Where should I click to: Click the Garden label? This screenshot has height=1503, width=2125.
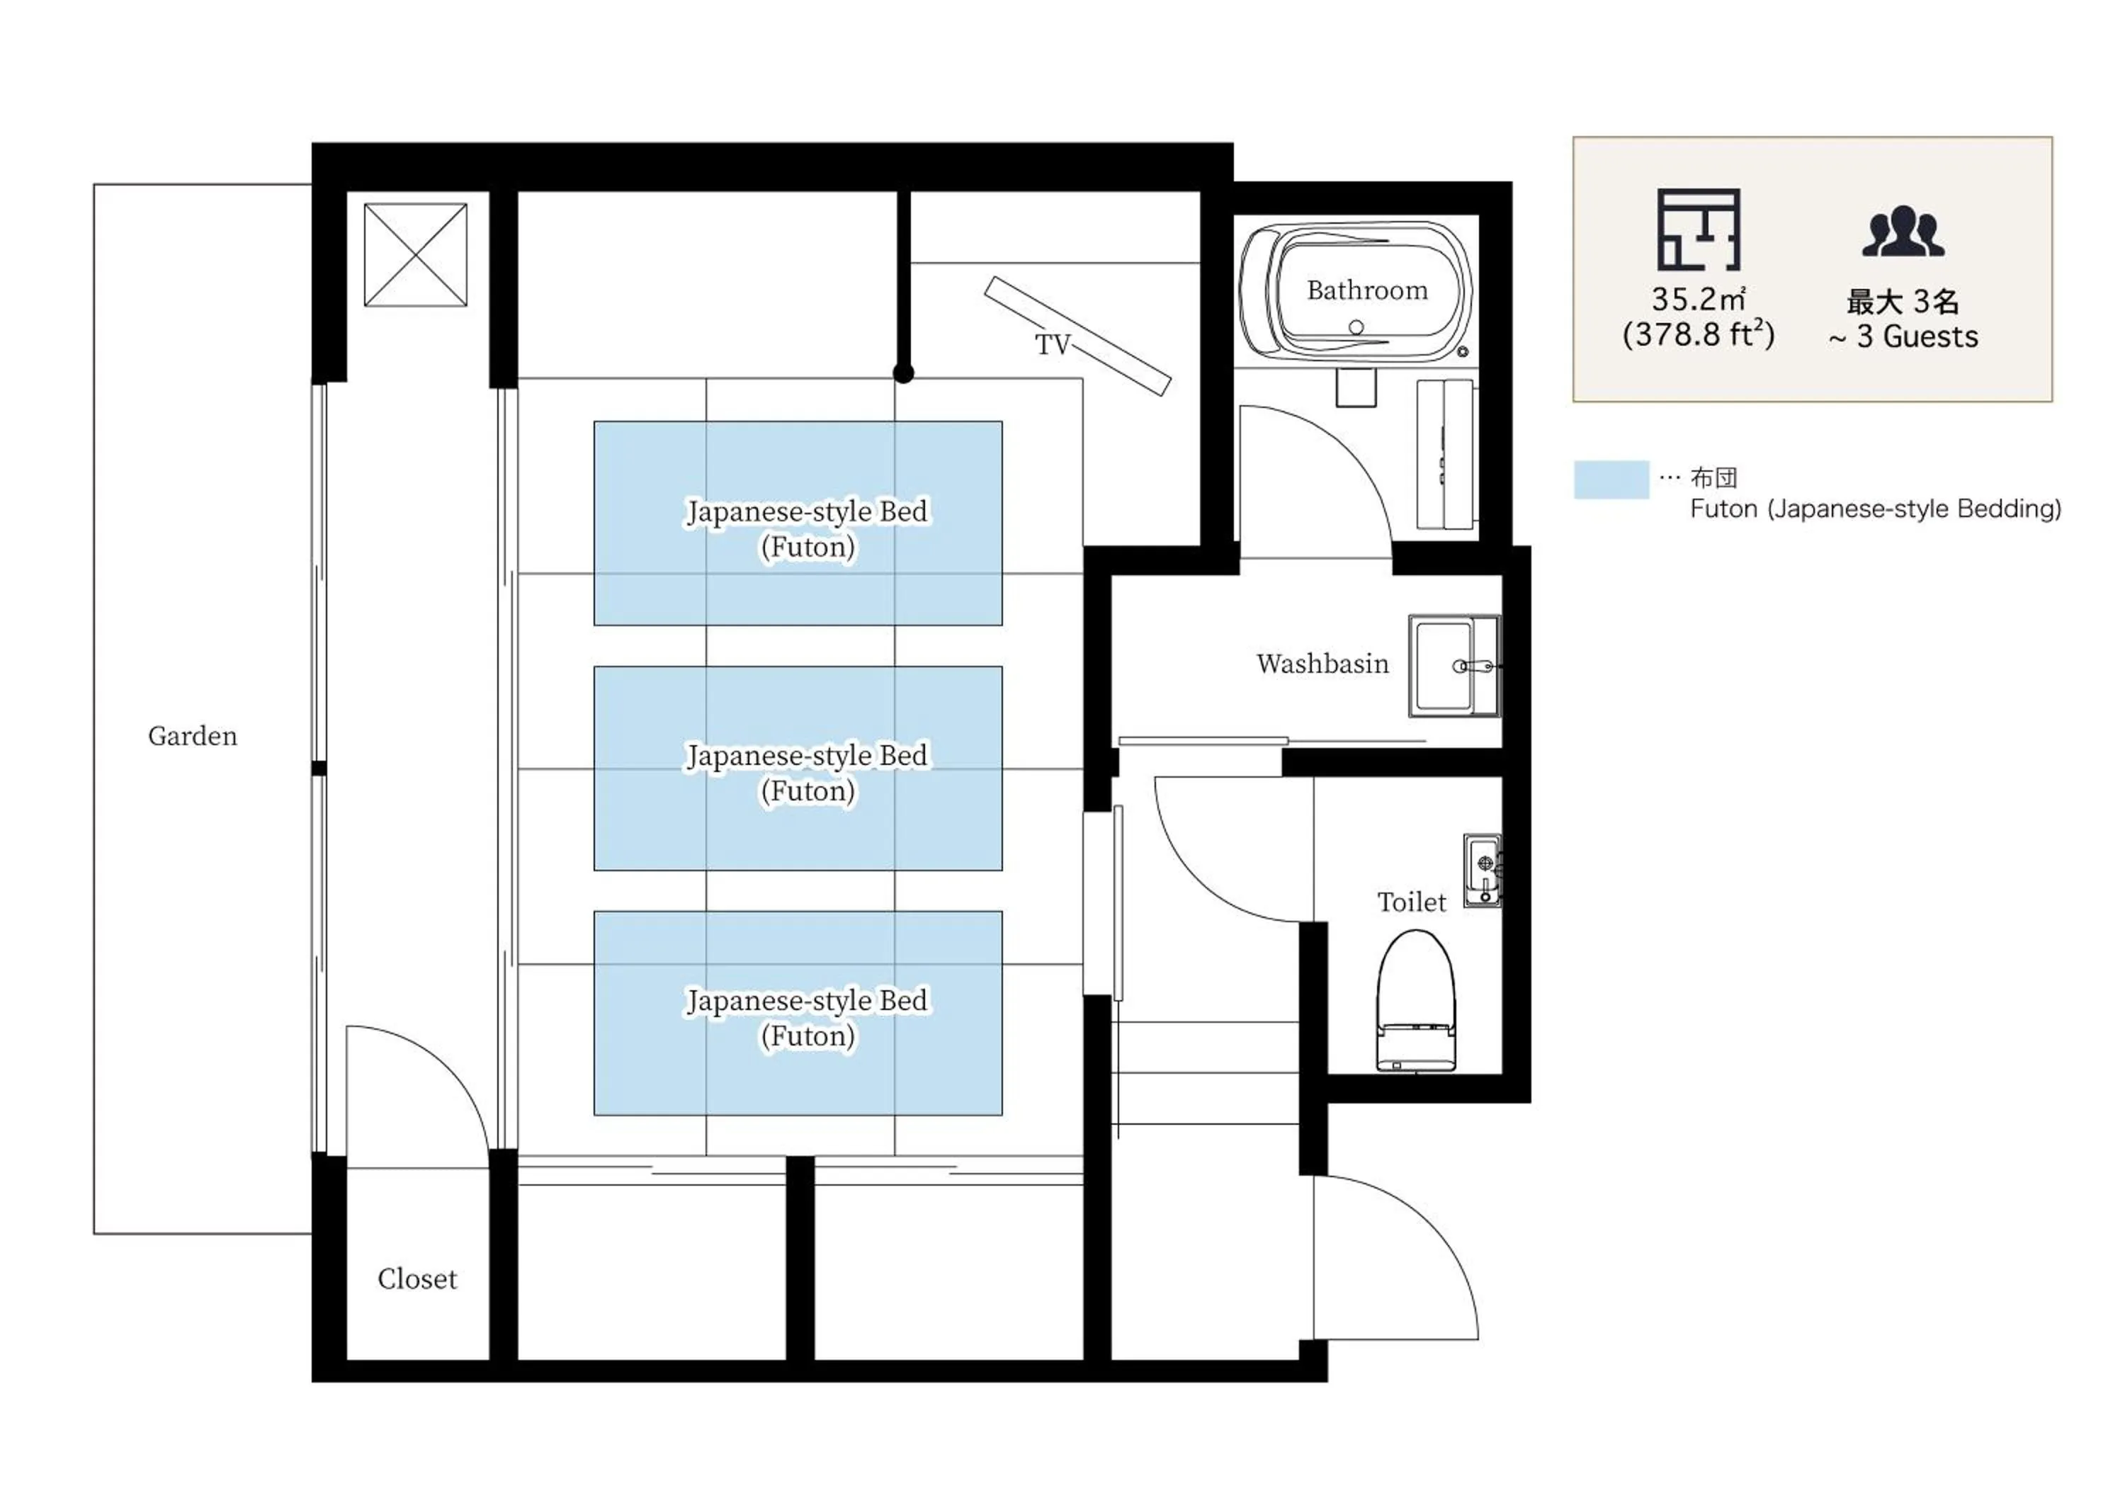tap(193, 736)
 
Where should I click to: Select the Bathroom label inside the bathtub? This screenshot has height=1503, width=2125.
tap(1367, 290)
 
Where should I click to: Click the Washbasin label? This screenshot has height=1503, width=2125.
tap(1322, 664)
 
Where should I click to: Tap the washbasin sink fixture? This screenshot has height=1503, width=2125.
tap(1453, 665)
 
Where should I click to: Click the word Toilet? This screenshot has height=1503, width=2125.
tap(1412, 902)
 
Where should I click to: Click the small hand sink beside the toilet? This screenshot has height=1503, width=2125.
tap(1483, 870)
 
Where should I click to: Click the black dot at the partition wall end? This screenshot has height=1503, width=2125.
tap(903, 374)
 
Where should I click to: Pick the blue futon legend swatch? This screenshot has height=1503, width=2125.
tap(1611, 480)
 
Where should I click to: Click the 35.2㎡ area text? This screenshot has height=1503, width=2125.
tap(1699, 299)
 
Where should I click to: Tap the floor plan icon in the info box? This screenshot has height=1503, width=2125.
tap(1699, 229)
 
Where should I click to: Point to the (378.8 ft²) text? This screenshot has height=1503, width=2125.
tap(1699, 334)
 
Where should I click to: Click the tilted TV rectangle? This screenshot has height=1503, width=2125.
tap(1077, 335)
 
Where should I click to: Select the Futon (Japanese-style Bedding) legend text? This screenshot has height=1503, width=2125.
tap(1875, 509)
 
